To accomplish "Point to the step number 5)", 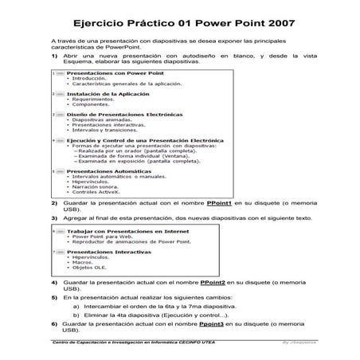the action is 54,296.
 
